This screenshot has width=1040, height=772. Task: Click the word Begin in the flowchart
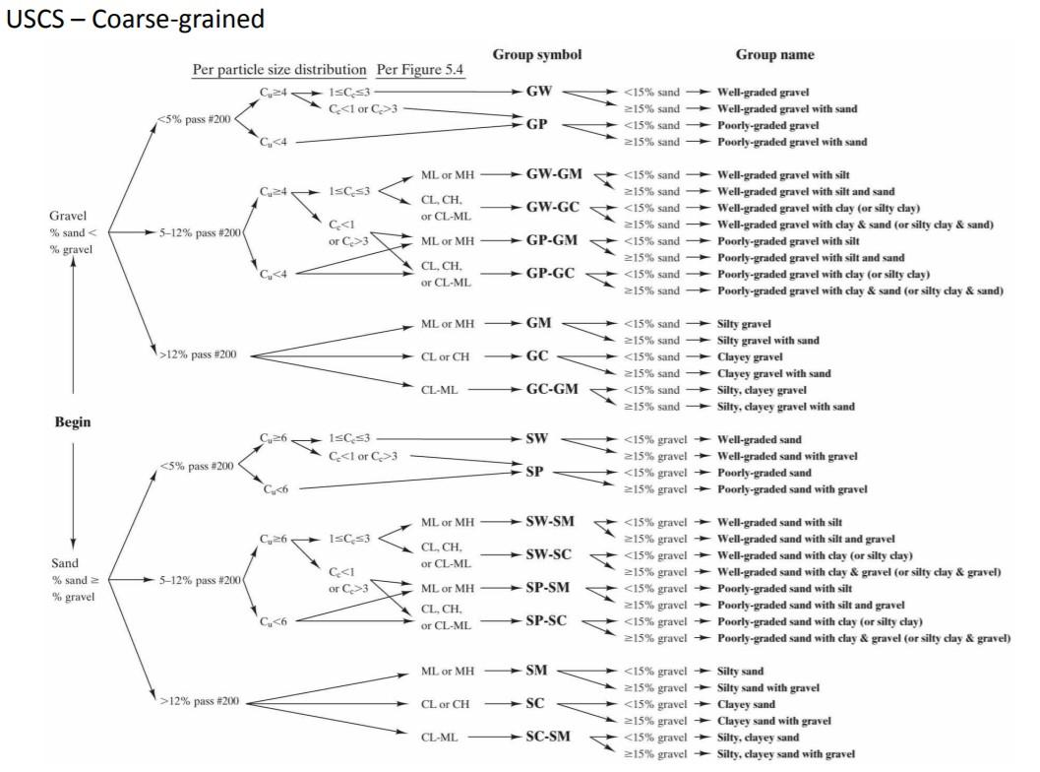73,422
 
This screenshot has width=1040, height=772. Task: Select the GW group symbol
539,92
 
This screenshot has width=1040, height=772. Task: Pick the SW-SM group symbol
551,521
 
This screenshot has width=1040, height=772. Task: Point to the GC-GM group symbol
552,389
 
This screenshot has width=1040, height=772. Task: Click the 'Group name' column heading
774,54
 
